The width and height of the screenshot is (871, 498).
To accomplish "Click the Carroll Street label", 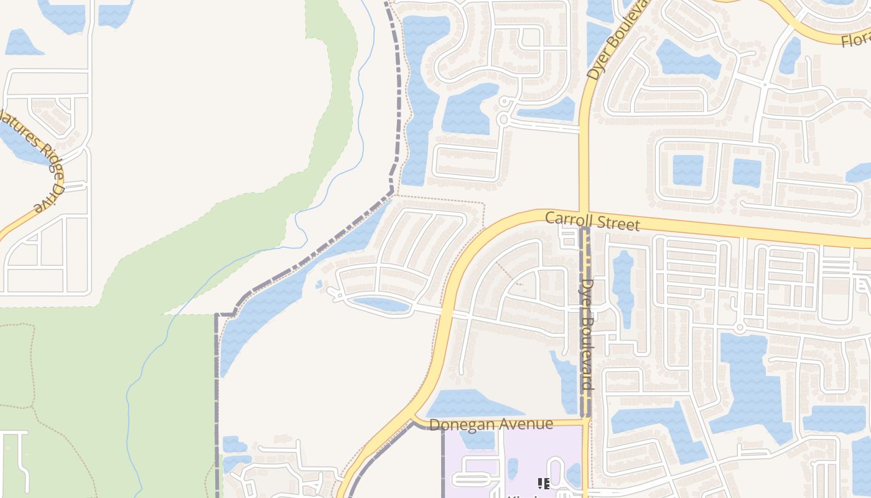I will click(x=592, y=221).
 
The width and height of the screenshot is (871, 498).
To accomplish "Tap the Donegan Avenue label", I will click(x=491, y=424).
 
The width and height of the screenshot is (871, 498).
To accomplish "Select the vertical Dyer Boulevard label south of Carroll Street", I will click(x=587, y=334).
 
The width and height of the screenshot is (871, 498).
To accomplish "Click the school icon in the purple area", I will click(x=543, y=483).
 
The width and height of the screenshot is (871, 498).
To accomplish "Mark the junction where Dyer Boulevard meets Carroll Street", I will click(x=584, y=214).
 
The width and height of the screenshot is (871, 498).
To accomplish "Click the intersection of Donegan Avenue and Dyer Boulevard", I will click(x=585, y=423).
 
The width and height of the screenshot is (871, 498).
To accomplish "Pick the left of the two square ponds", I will click(x=687, y=170).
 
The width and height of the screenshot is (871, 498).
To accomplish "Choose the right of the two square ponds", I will click(x=747, y=172).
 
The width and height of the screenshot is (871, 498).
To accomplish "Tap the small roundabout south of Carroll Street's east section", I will click(x=739, y=327).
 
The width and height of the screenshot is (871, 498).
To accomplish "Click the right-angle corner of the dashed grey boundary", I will click(x=217, y=316).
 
